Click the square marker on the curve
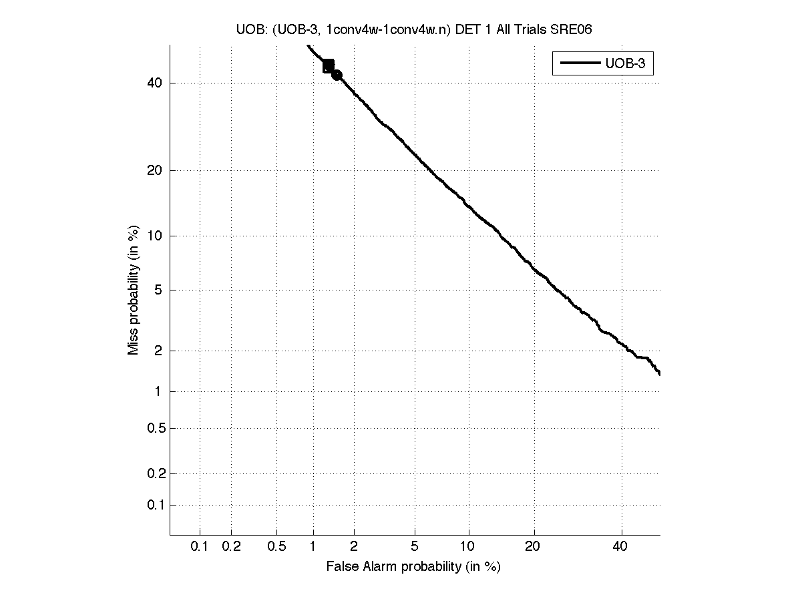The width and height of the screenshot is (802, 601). click(328, 65)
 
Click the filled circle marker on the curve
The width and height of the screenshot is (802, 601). click(337, 75)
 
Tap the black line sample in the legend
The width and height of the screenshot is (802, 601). click(580, 64)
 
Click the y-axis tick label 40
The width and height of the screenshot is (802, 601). click(154, 83)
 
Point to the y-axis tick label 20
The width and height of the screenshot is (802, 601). click(154, 170)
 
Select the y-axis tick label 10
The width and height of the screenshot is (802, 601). click(154, 236)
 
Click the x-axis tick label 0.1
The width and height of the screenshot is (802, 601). click(200, 547)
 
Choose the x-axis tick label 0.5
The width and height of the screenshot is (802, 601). click(276, 547)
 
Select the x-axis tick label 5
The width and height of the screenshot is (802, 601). click(415, 547)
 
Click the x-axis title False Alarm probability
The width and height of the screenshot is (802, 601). click(413, 567)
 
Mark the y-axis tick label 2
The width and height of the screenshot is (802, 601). click(158, 351)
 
